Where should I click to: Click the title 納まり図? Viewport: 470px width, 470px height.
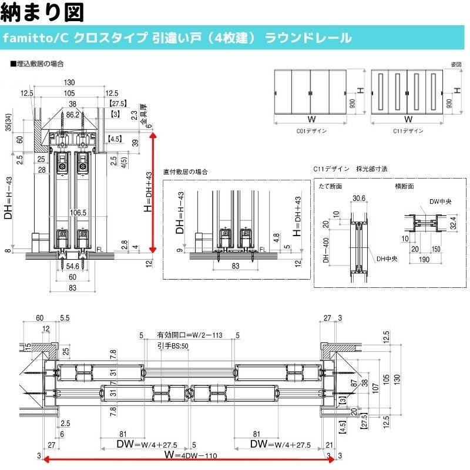42,11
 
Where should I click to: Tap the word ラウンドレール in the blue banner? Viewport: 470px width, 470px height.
308,38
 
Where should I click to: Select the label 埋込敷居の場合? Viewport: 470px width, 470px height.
39,63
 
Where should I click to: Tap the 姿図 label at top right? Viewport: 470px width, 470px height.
455,63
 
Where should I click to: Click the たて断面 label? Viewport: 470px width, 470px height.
330,186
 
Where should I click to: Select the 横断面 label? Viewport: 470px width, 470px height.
404,186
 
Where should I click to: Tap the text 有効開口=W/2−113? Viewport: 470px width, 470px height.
188,335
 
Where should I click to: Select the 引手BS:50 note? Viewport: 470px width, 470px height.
173,347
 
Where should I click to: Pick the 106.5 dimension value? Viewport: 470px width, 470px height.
77,213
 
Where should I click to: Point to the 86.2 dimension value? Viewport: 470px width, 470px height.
72,115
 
